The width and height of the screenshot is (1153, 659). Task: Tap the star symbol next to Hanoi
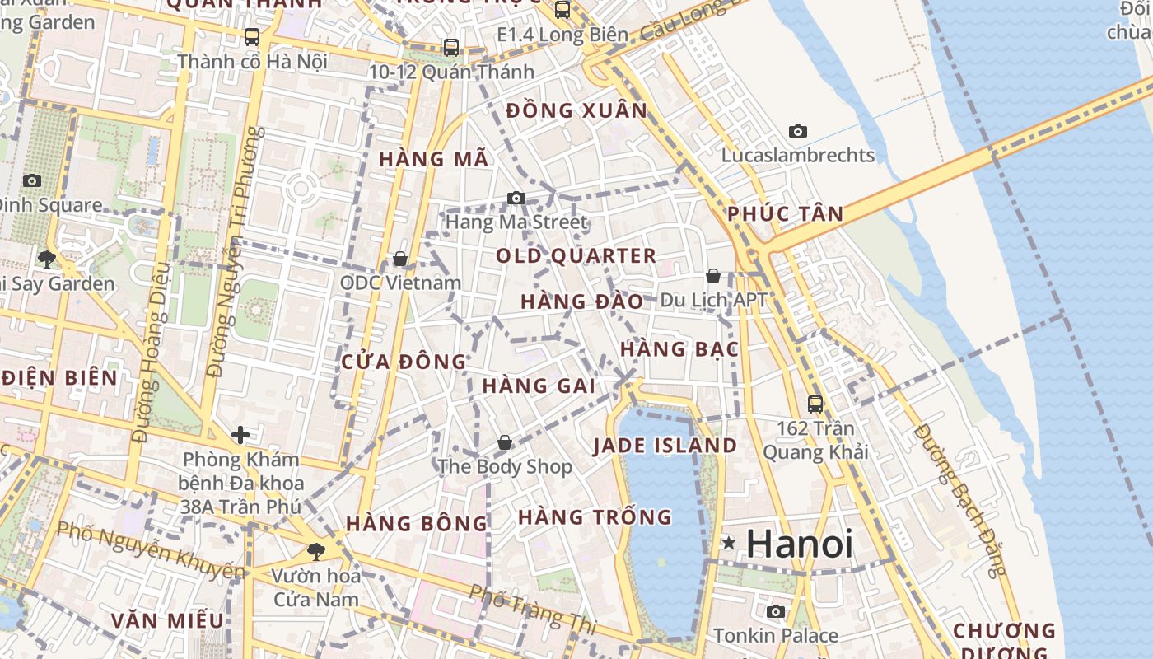coord(729,543)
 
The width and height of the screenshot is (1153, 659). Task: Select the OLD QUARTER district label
coord(576,256)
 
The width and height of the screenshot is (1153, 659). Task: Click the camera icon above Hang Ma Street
coord(516,198)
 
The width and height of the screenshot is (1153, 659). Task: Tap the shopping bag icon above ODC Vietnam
coord(400,259)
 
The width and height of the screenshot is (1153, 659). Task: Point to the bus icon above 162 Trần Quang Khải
coord(815,404)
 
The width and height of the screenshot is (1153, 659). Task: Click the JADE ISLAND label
coord(665,446)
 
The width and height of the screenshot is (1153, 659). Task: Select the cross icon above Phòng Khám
coord(240,434)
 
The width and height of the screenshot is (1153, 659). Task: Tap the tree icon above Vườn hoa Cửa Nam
coord(315,551)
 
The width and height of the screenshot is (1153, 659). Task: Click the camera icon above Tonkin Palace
coord(776,611)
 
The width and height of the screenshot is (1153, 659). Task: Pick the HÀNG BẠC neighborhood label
coord(679,349)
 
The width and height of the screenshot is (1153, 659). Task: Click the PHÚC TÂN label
coord(785,214)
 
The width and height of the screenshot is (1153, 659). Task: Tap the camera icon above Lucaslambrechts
coord(797,131)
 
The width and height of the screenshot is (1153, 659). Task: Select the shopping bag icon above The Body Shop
coord(505,442)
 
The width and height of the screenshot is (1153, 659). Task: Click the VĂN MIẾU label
coord(167,620)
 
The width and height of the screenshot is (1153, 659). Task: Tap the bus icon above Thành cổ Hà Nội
coord(252,37)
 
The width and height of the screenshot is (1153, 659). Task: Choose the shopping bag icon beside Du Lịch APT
coord(713,276)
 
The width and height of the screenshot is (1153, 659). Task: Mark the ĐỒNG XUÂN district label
coord(576,110)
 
